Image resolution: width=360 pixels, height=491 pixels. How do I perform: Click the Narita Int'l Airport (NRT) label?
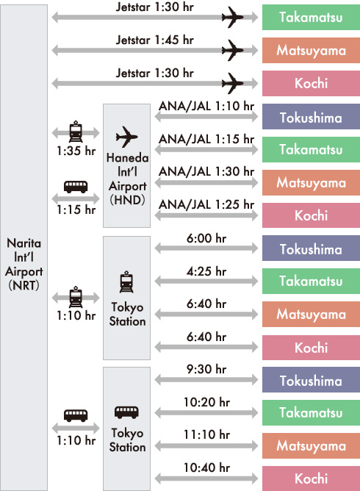[24, 264]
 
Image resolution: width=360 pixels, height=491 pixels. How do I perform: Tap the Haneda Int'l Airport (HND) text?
[127, 179]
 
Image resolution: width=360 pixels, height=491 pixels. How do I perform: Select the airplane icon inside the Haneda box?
[127, 137]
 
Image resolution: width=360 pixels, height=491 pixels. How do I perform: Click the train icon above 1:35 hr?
[76, 132]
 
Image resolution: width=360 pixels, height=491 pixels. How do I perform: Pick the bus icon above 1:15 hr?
[76, 187]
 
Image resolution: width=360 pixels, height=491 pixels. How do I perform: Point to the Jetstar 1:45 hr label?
[154, 40]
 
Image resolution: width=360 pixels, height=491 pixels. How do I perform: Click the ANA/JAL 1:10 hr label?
[206, 106]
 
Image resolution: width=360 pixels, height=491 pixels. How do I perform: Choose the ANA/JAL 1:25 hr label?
[206, 204]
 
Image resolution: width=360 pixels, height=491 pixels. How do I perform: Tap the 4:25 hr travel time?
[206, 271]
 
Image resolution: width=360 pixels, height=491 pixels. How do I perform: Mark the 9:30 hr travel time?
[206, 369]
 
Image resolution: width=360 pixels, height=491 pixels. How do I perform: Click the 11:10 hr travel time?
[206, 434]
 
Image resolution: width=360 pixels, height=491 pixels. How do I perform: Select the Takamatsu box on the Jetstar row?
[312, 17]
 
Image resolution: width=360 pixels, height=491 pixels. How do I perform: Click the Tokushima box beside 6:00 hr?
[312, 248]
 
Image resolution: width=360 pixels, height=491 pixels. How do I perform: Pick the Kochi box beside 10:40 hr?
[312, 479]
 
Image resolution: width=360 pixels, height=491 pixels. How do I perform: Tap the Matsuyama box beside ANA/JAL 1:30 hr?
[312, 182]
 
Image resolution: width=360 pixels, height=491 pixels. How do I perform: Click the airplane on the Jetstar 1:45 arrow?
[233, 50]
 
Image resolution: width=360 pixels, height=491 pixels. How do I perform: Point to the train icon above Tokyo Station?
[126, 282]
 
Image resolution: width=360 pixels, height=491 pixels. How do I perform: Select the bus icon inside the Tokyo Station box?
[126, 412]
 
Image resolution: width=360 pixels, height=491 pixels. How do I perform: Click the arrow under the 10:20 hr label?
[206, 412]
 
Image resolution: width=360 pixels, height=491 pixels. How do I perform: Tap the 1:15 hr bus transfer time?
[76, 209]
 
